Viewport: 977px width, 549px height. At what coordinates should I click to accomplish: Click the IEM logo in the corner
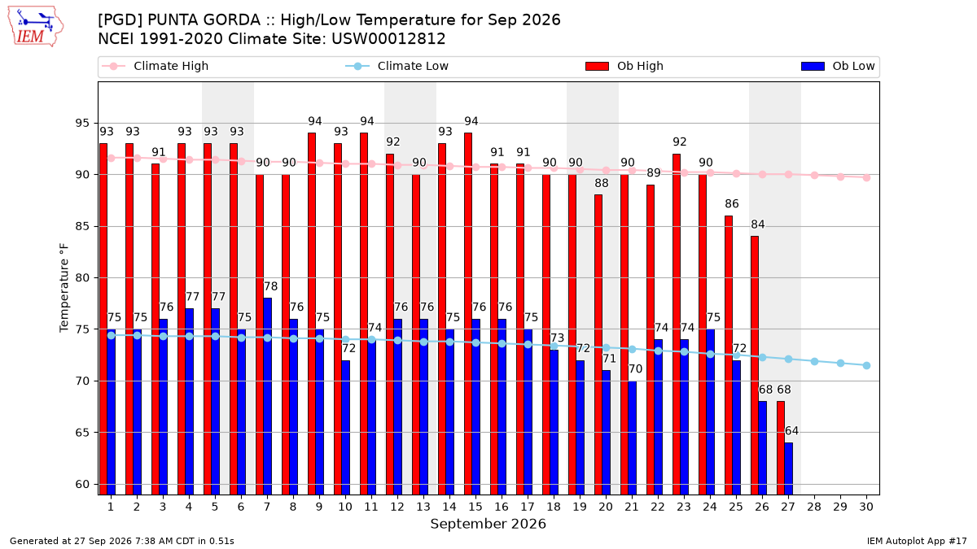(x=36, y=27)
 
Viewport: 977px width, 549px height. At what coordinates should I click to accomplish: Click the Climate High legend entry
(x=155, y=66)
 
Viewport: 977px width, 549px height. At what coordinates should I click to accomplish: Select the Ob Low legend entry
(x=838, y=66)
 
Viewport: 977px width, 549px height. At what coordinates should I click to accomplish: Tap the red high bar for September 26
(x=755, y=365)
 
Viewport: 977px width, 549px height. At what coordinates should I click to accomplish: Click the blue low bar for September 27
(x=789, y=468)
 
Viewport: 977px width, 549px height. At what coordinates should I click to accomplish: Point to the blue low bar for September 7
(x=267, y=396)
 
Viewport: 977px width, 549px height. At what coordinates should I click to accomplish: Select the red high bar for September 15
(x=468, y=314)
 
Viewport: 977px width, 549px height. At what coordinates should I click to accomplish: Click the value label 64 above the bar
(x=791, y=431)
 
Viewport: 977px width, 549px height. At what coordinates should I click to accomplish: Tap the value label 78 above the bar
(x=270, y=286)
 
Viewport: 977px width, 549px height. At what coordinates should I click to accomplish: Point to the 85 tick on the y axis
(x=82, y=226)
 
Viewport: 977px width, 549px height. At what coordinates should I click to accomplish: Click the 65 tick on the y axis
(x=82, y=433)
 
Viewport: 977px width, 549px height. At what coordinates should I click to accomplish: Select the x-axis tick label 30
(x=866, y=507)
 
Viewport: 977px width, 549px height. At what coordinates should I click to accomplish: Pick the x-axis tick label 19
(x=580, y=507)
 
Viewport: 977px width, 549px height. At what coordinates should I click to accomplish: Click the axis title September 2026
(x=488, y=524)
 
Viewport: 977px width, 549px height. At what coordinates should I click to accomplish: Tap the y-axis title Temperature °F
(x=64, y=288)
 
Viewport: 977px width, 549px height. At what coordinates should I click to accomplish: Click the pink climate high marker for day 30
(x=866, y=177)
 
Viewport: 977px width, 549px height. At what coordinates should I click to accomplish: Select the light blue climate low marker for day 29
(x=840, y=364)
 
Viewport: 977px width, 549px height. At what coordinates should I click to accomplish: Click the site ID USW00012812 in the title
(x=388, y=39)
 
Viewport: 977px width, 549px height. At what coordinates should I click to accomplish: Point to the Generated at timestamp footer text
(x=121, y=541)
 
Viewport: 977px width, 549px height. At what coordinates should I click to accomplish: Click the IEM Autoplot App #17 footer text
(x=917, y=541)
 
